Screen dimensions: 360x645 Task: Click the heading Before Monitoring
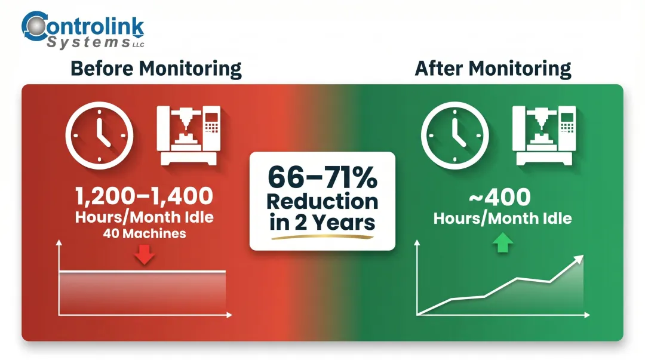click(x=156, y=69)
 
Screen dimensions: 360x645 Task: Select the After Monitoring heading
click(x=493, y=69)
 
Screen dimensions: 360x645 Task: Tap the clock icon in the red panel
click(x=99, y=135)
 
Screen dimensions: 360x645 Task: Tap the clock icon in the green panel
click(x=454, y=135)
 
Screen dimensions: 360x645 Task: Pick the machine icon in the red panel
click(x=189, y=136)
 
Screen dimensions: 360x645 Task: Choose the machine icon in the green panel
click(x=544, y=136)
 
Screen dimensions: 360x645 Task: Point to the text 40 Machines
click(x=144, y=233)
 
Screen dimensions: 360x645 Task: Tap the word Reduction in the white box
click(x=322, y=201)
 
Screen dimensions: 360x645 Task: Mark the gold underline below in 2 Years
click(x=322, y=237)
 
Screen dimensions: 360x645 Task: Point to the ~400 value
click(x=502, y=197)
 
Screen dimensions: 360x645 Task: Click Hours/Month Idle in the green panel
click(x=502, y=218)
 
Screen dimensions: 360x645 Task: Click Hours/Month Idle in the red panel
click(x=144, y=217)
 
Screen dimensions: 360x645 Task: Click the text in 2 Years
click(x=322, y=223)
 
